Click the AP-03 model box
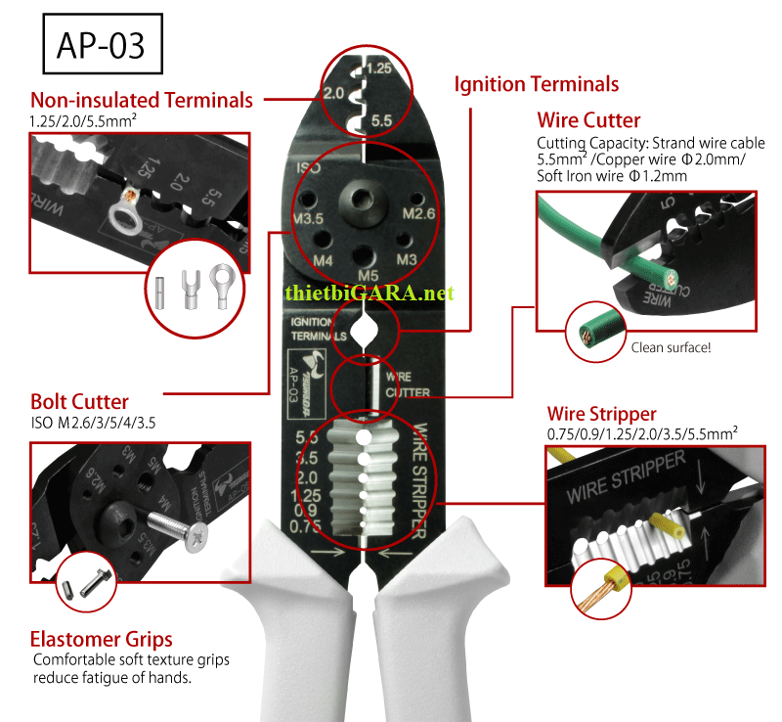point(96,45)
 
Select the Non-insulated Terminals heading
point(142,100)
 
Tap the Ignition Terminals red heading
point(536,84)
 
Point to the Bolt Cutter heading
point(79,402)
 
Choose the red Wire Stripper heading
point(601,413)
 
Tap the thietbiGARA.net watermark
point(370,293)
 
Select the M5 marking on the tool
point(368,276)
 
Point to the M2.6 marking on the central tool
point(417,214)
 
